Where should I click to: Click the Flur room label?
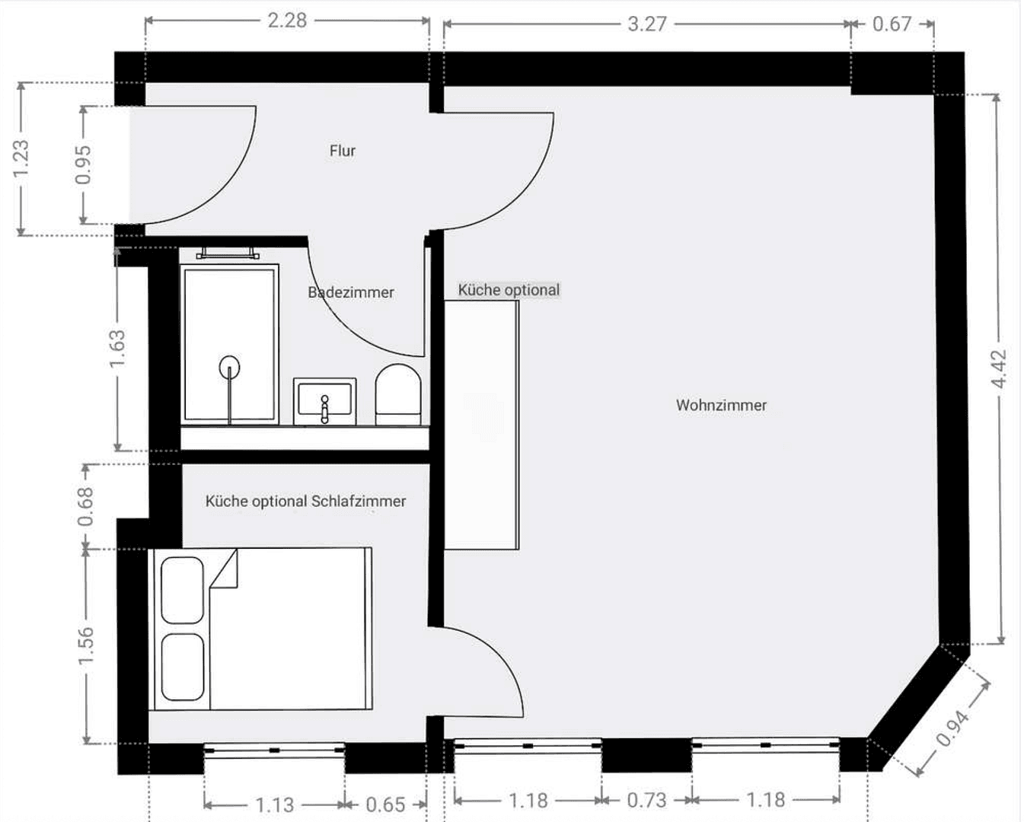[x=342, y=151]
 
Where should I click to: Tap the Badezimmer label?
[x=351, y=292]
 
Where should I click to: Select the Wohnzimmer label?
[x=721, y=405]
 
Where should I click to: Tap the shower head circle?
[x=229, y=368]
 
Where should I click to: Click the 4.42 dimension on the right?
[x=1000, y=368]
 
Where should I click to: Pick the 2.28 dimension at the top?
[x=287, y=21]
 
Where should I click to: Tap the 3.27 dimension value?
[x=646, y=24]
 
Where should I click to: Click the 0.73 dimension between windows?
[x=646, y=801]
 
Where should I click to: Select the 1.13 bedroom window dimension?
[x=274, y=804]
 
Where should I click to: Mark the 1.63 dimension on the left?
[x=117, y=349]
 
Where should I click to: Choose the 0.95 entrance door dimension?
[x=83, y=164]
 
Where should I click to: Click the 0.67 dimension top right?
[x=892, y=24]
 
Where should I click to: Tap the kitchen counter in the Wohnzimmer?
[x=481, y=425]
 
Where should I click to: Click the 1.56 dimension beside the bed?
[x=86, y=645]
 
